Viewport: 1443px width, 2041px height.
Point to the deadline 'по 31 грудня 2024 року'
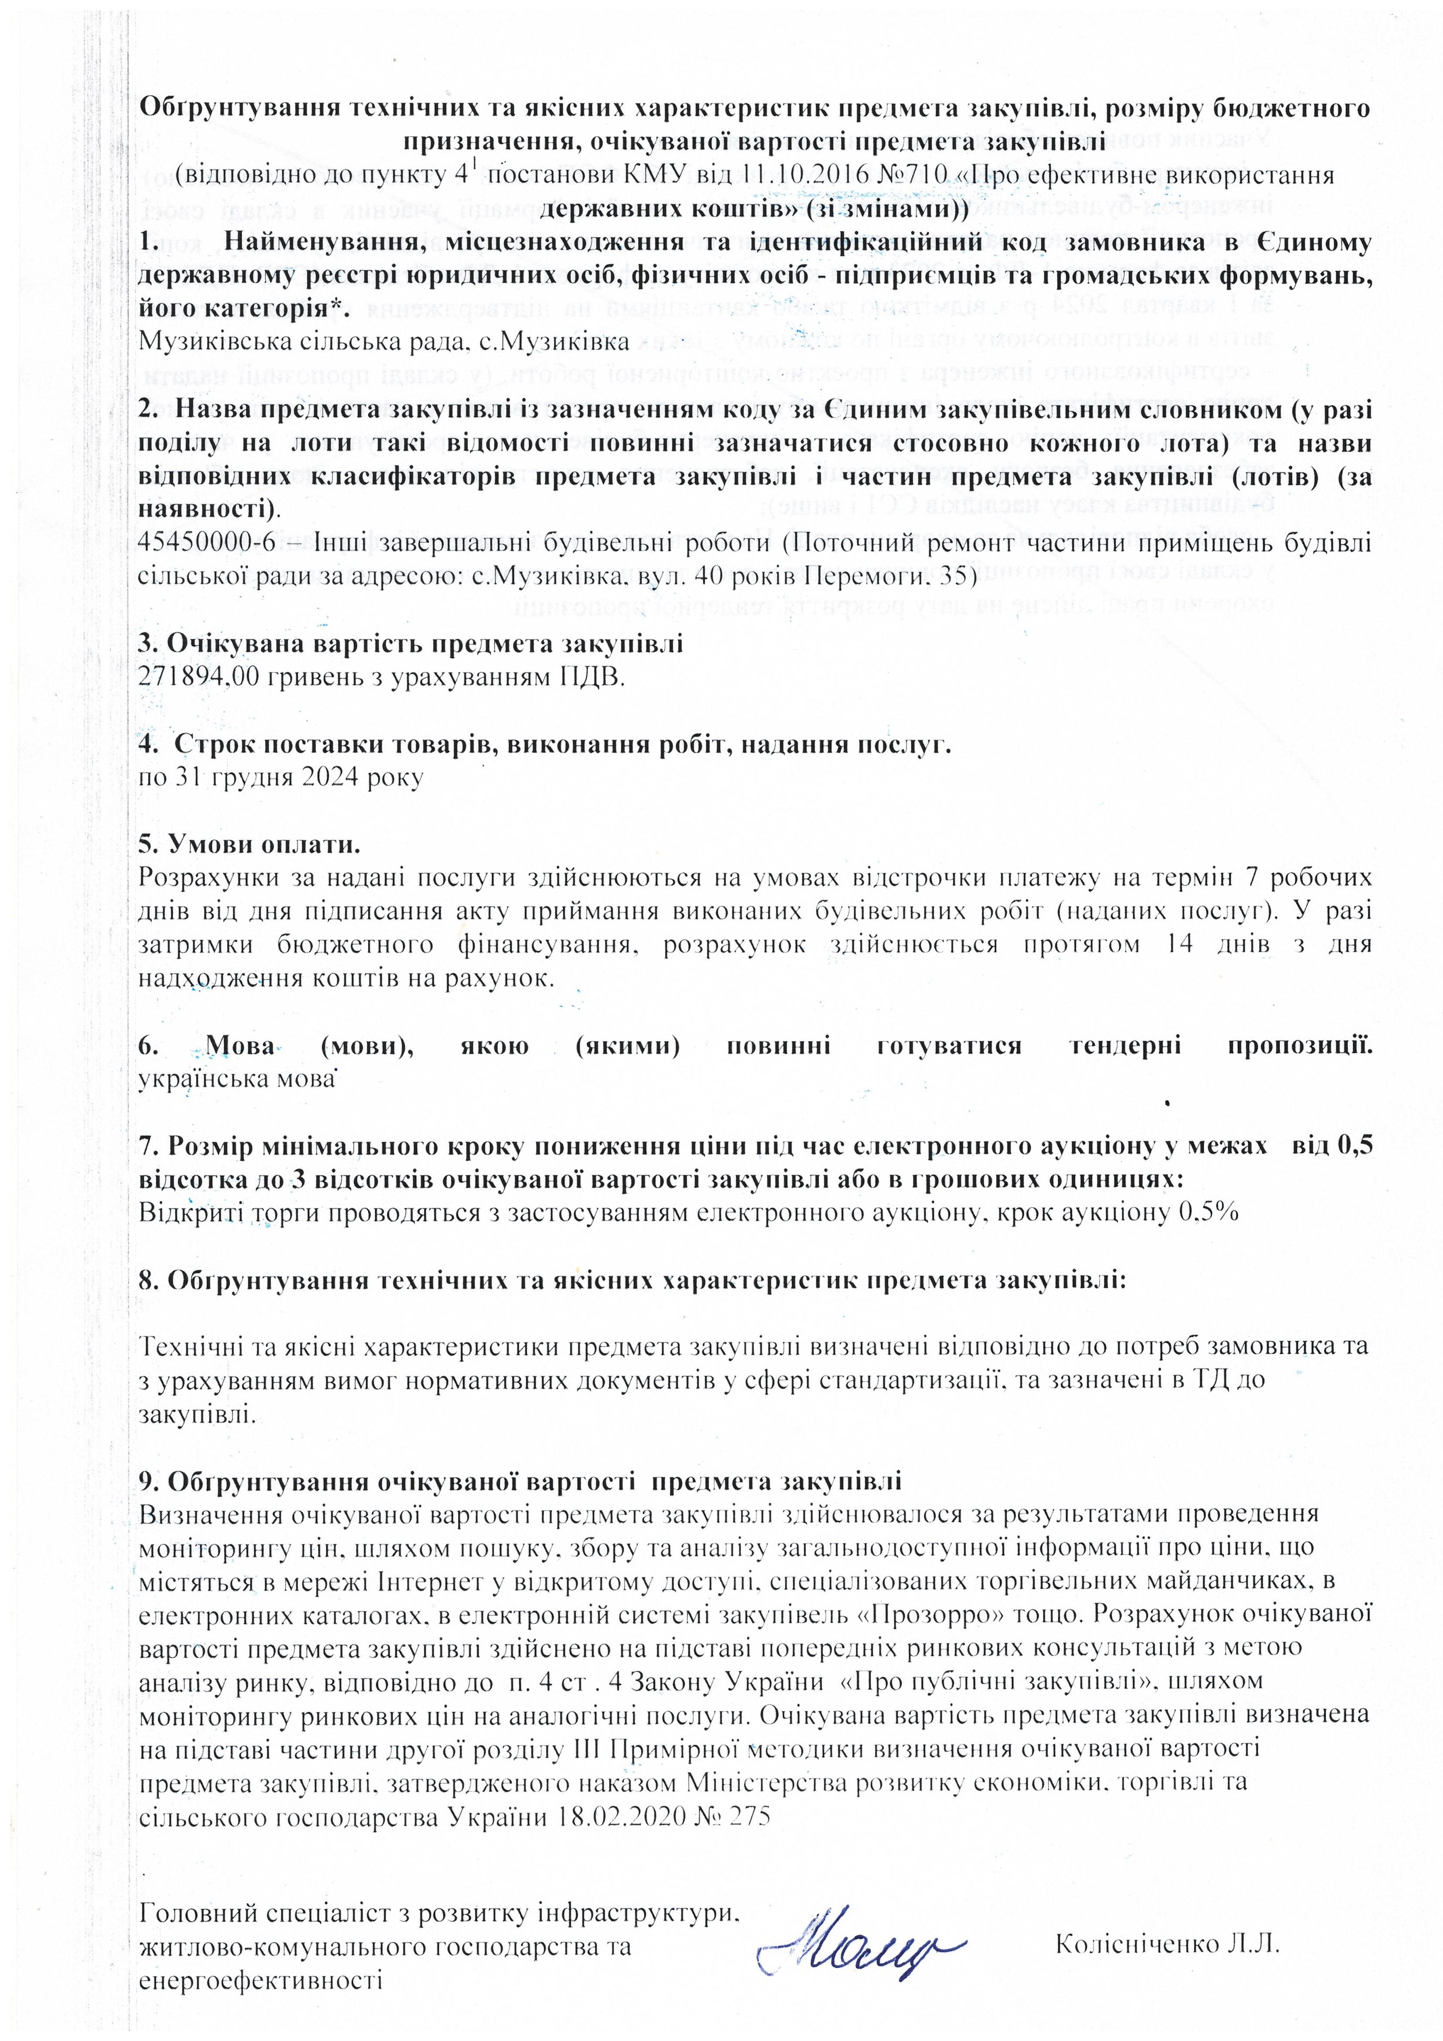pos(281,777)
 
